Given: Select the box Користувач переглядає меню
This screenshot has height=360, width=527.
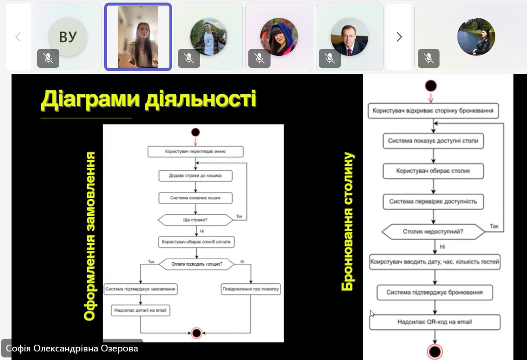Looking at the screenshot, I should pyautogui.click(x=195, y=151).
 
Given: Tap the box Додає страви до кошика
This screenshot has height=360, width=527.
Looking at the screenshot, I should pyautogui.click(x=195, y=175).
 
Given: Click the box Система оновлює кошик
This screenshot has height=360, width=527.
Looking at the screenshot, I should pyautogui.click(x=195, y=198).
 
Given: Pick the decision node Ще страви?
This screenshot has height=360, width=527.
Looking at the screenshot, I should pyautogui.click(x=195, y=221).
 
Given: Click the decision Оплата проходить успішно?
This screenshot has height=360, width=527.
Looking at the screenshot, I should pyautogui.click(x=197, y=264).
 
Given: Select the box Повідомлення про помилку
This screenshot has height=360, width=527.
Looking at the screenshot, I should pyautogui.click(x=251, y=289).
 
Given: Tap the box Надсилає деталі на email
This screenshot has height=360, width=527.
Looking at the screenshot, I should pyautogui.click(x=140, y=311).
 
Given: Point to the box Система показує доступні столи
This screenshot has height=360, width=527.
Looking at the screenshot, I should pyautogui.click(x=433, y=140).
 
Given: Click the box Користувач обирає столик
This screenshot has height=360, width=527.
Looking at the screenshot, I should pyautogui.click(x=433, y=171).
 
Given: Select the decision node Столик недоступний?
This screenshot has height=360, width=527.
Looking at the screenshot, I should pyautogui.click(x=433, y=232).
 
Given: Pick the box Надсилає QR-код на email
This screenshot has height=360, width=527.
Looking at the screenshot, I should pyautogui.click(x=434, y=322).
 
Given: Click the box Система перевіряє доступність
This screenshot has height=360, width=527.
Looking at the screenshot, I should pyautogui.click(x=433, y=201).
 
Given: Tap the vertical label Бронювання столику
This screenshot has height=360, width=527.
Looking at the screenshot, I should pyautogui.click(x=348, y=222).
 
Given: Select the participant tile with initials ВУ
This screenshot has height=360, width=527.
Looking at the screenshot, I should pyautogui.click(x=67, y=37).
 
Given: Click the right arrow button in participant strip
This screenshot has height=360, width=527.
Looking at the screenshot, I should pyautogui.click(x=399, y=37).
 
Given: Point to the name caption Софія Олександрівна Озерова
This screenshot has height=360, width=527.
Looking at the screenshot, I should pyautogui.click(x=72, y=348).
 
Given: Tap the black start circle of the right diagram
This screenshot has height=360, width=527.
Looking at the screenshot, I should pyautogui.click(x=431, y=86).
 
